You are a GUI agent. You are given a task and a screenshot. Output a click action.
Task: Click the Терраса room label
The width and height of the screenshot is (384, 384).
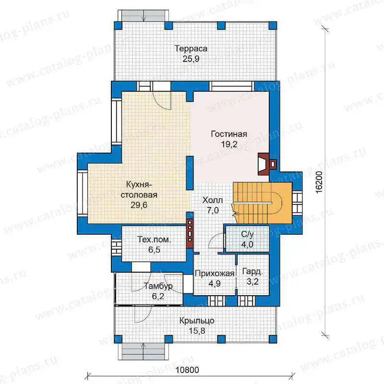191,48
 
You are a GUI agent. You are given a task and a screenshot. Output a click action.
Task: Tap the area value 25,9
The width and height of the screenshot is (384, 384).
191,59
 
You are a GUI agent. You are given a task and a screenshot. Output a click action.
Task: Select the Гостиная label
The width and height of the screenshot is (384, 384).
229,134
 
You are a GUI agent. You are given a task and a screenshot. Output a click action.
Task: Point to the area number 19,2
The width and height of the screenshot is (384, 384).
229,144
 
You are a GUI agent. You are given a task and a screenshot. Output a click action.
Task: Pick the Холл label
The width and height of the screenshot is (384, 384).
213,200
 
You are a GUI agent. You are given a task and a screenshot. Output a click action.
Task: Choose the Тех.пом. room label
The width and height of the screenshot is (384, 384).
154,239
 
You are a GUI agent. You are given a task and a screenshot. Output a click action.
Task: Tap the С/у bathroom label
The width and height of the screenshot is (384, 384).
247,234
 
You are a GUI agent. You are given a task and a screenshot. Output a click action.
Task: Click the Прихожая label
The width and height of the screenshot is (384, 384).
215,273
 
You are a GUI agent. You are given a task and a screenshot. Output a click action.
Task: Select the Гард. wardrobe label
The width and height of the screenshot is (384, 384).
252,272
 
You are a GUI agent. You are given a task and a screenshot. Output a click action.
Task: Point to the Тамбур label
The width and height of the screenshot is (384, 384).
158,286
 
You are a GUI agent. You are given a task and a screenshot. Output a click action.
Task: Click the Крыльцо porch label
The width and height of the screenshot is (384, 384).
197,321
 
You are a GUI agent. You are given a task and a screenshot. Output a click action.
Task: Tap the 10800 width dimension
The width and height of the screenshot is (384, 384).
187,370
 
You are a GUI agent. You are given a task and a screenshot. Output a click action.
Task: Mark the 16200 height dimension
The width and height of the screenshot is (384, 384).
319,182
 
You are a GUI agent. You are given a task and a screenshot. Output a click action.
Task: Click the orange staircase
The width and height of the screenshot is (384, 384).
262,203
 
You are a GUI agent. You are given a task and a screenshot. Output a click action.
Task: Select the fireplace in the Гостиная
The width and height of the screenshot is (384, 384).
267,164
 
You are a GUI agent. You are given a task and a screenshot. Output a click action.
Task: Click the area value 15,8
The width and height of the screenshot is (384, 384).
197,331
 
